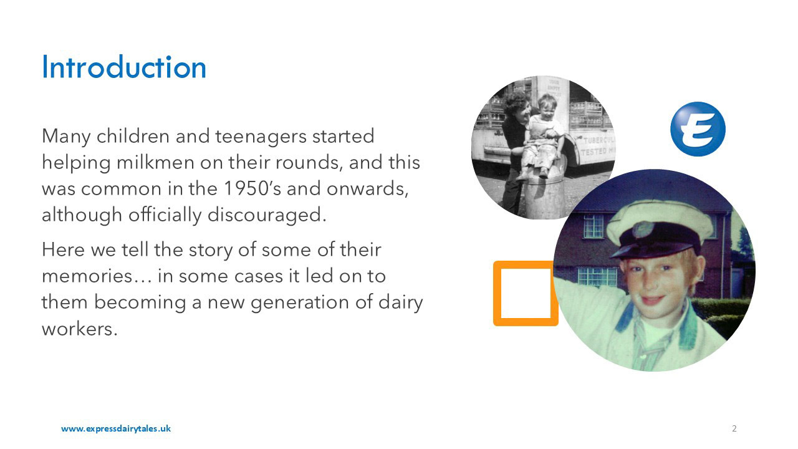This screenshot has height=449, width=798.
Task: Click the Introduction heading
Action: (x=123, y=67)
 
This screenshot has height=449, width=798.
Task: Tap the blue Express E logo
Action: (x=698, y=128)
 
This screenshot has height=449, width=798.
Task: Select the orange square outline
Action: (x=525, y=293)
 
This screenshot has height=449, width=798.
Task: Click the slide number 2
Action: (x=734, y=428)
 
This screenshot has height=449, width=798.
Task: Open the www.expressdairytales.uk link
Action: (x=115, y=428)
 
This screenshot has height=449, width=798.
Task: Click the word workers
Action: (x=79, y=329)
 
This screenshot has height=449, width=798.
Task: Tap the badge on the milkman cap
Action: (x=644, y=229)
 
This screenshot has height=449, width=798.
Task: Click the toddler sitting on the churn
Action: (x=543, y=131)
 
